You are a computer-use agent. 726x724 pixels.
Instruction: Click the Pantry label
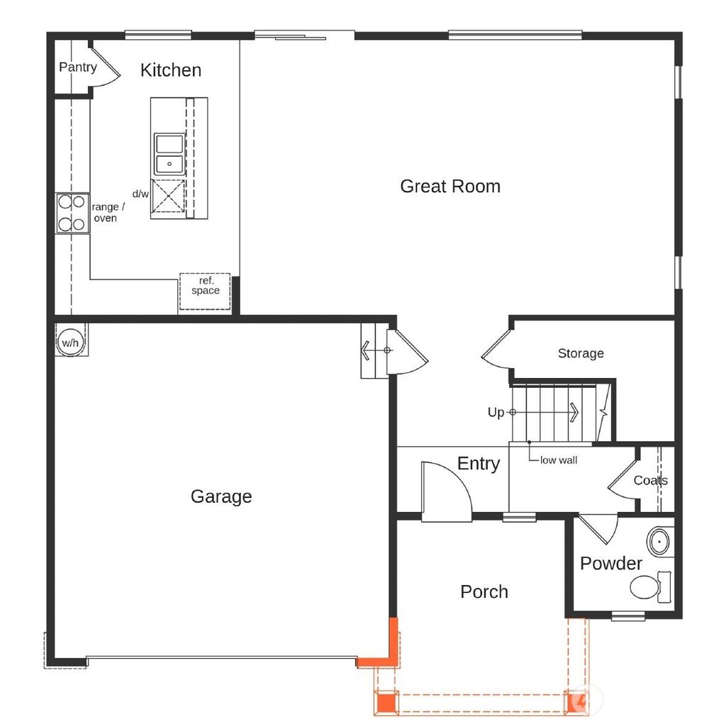tap(77, 67)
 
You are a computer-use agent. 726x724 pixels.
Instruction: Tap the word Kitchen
tap(170, 70)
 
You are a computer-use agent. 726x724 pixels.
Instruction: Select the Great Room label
tap(450, 186)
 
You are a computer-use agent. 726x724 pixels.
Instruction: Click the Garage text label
tap(221, 496)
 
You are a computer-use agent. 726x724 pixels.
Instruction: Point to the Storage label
tap(581, 353)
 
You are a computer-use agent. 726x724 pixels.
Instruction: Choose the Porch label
tap(484, 591)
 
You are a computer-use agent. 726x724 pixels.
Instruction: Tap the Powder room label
tap(611, 564)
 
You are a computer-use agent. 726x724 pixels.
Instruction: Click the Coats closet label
tap(650, 480)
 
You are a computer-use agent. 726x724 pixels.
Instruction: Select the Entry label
tap(479, 464)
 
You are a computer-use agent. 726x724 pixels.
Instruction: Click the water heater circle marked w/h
tap(70, 342)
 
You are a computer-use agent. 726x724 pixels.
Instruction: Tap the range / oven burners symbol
tap(72, 213)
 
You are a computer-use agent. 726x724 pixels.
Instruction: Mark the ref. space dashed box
tap(205, 291)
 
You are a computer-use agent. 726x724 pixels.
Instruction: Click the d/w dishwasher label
tap(140, 194)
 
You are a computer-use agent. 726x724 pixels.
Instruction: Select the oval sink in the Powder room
tap(660, 542)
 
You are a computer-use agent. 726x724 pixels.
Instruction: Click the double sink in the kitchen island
tap(169, 154)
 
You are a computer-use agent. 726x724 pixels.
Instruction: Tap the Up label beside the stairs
tap(496, 412)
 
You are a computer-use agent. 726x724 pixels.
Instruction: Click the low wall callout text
tap(559, 460)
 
